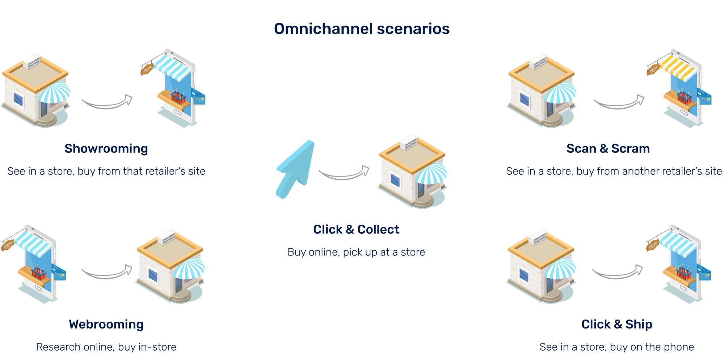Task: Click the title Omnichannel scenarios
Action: (361, 29)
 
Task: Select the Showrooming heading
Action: (106, 149)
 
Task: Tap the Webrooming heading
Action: (106, 325)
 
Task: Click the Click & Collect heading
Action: (356, 229)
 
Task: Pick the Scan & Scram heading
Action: (608, 149)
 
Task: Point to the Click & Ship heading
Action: (616, 325)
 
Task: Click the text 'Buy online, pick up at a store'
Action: (356, 252)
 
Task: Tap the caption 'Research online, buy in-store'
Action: (106, 347)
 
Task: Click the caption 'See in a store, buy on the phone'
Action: (616, 347)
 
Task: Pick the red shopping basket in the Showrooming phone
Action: (178, 97)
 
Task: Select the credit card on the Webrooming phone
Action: (59, 272)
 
